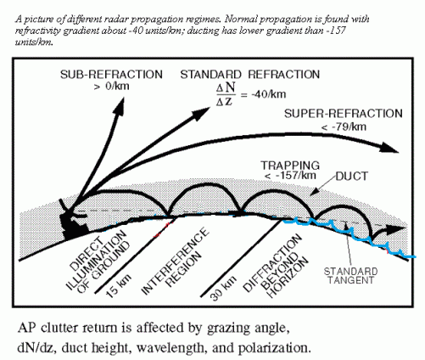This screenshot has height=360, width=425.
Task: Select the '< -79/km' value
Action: coord(335,126)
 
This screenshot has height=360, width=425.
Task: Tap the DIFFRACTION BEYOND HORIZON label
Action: coord(277,262)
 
